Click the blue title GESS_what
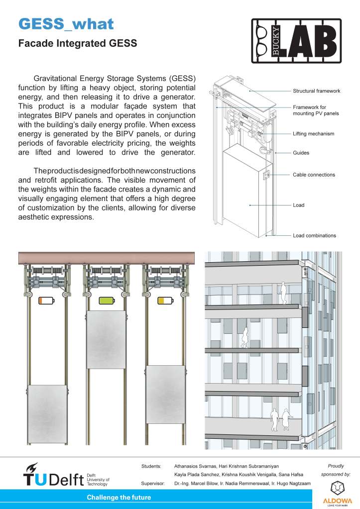[x=66, y=24]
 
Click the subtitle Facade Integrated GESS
[x=78, y=43]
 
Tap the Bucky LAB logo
[x=296, y=41]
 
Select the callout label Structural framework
[x=317, y=91]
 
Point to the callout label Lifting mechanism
[x=313, y=133]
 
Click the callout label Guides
[x=301, y=153]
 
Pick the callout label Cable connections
[x=314, y=175]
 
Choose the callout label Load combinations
[x=314, y=235]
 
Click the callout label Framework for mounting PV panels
[x=316, y=110]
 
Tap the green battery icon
[x=107, y=301]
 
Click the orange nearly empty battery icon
[x=46, y=301]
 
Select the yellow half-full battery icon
[x=165, y=301]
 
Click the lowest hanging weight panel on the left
[x=47, y=414]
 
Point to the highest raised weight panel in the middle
[x=106, y=339]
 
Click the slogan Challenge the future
[x=119, y=498]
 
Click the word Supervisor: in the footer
[x=153, y=483]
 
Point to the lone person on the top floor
[x=283, y=293]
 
